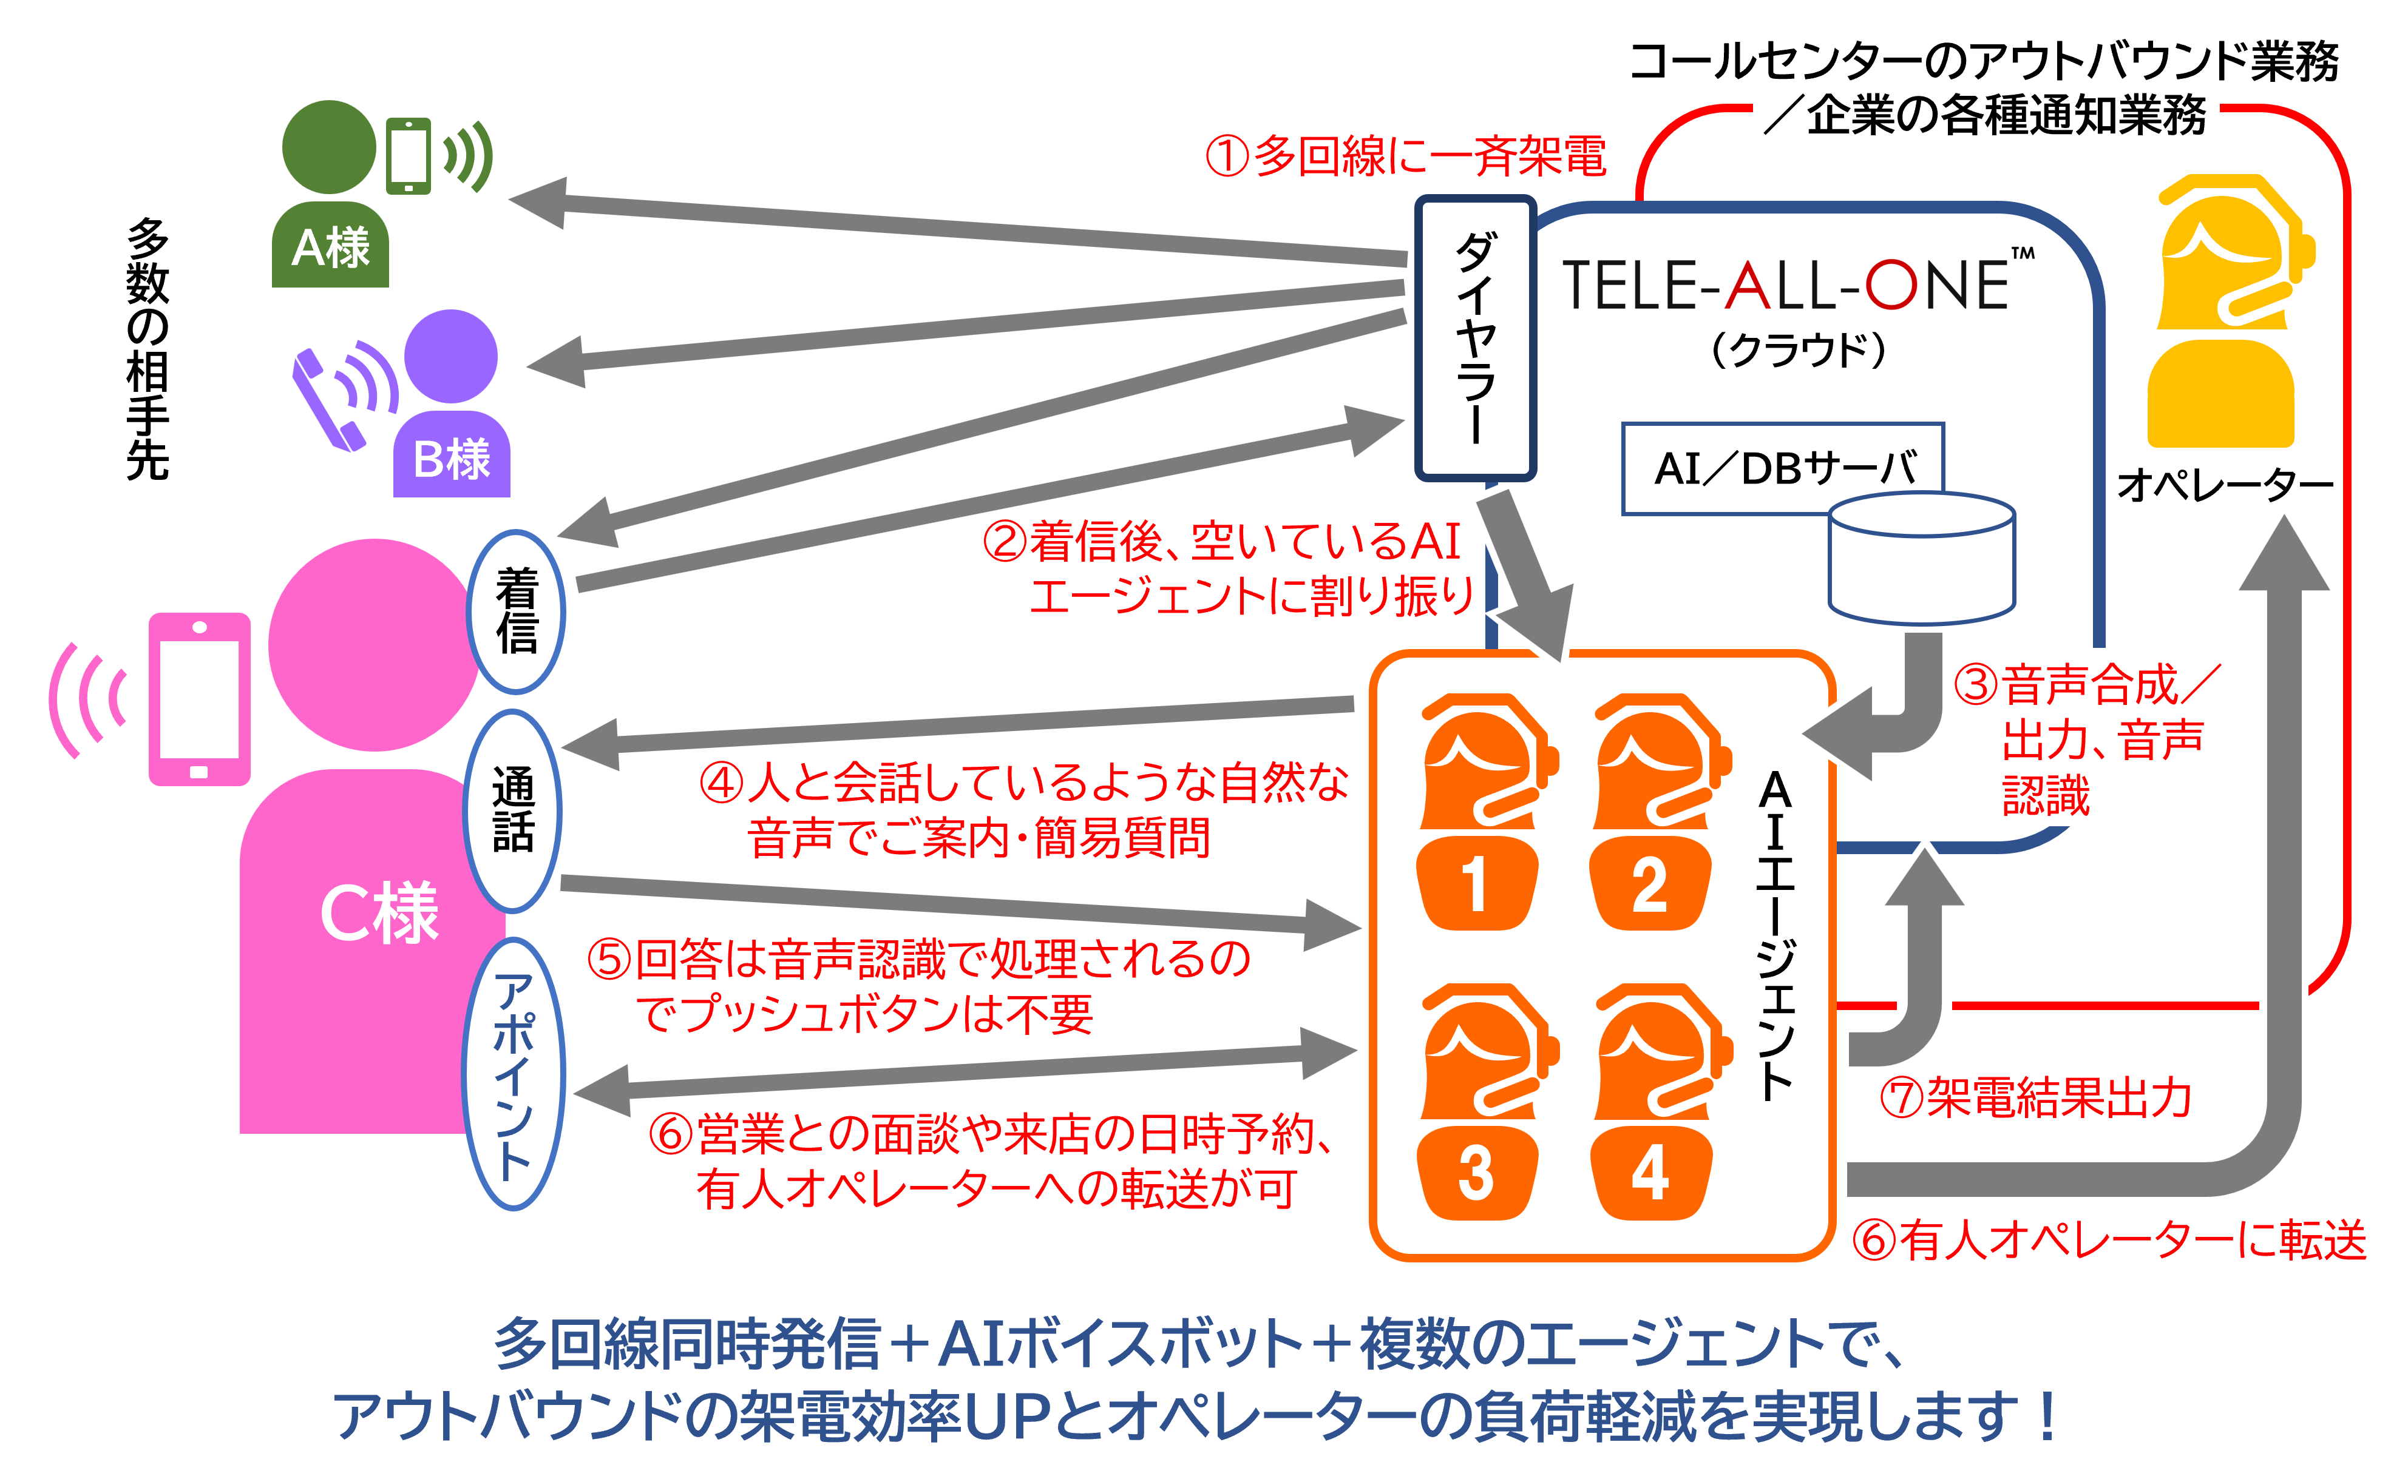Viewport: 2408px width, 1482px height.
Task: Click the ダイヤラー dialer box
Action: [x=1474, y=338]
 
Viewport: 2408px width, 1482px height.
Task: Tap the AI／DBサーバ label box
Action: [x=1782, y=468]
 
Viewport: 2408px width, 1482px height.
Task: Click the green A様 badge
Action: [x=330, y=247]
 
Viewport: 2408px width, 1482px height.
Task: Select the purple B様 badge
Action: [x=452, y=459]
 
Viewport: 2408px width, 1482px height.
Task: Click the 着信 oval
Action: [x=517, y=611]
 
